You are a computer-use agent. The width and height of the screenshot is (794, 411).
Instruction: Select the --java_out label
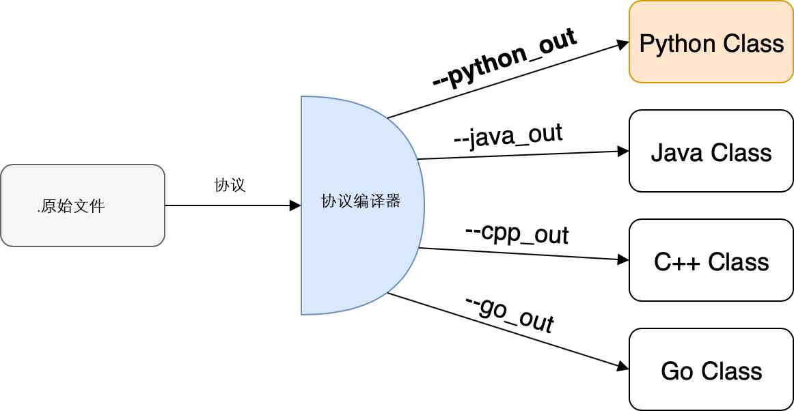click(508, 134)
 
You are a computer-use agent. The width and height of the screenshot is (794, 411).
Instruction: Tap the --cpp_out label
click(517, 233)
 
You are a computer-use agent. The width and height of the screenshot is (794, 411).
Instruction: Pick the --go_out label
click(509, 315)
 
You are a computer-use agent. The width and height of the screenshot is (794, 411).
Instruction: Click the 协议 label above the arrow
click(230, 185)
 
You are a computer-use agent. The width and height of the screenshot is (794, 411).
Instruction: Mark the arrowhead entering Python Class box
click(622, 44)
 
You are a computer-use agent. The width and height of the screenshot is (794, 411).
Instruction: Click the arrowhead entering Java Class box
click(622, 151)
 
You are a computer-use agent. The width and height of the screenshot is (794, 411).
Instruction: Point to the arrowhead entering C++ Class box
click(622, 259)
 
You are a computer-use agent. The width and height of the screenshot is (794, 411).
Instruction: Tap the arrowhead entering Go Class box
click(622, 369)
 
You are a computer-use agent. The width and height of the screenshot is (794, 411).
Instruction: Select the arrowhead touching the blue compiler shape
click(295, 205)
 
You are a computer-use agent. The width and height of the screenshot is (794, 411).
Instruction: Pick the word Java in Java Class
click(676, 152)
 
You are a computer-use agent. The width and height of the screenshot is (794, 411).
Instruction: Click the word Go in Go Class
click(677, 371)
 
